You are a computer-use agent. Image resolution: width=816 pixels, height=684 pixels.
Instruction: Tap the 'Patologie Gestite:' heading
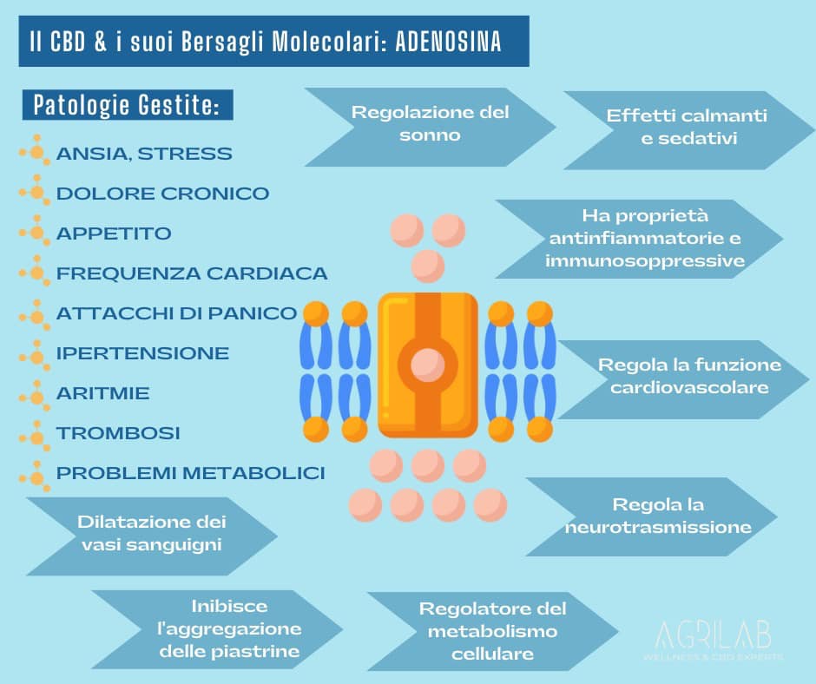tap(127, 107)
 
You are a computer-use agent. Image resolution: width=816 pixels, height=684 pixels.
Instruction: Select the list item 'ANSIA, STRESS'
tap(144, 154)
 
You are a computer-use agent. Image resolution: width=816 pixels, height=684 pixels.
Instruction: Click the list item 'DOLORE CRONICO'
tap(162, 194)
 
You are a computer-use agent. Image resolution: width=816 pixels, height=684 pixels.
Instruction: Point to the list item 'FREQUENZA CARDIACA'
tap(192, 273)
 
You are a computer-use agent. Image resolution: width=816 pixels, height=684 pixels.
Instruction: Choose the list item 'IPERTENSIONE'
tap(142, 353)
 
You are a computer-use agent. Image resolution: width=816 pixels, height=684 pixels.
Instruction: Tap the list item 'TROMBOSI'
tap(118, 432)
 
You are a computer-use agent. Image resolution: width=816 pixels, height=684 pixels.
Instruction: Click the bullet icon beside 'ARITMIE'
tap(36, 393)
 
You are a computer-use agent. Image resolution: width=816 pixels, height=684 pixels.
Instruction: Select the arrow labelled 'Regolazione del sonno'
tap(429, 124)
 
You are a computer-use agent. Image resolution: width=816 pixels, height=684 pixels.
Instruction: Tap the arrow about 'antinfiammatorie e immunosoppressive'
tap(644, 238)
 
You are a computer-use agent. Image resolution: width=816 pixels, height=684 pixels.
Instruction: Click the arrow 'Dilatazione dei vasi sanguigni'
tap(151, 534)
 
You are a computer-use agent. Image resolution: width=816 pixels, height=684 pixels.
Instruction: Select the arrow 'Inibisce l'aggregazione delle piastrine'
tap(229, 628)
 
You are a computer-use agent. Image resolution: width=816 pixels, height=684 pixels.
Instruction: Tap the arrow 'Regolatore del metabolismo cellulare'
tap(491, 631)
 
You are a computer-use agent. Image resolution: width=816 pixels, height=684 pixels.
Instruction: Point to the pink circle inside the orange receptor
tap(427, 363)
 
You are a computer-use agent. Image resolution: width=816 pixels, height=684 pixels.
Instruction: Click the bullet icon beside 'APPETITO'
tap(36, 233)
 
